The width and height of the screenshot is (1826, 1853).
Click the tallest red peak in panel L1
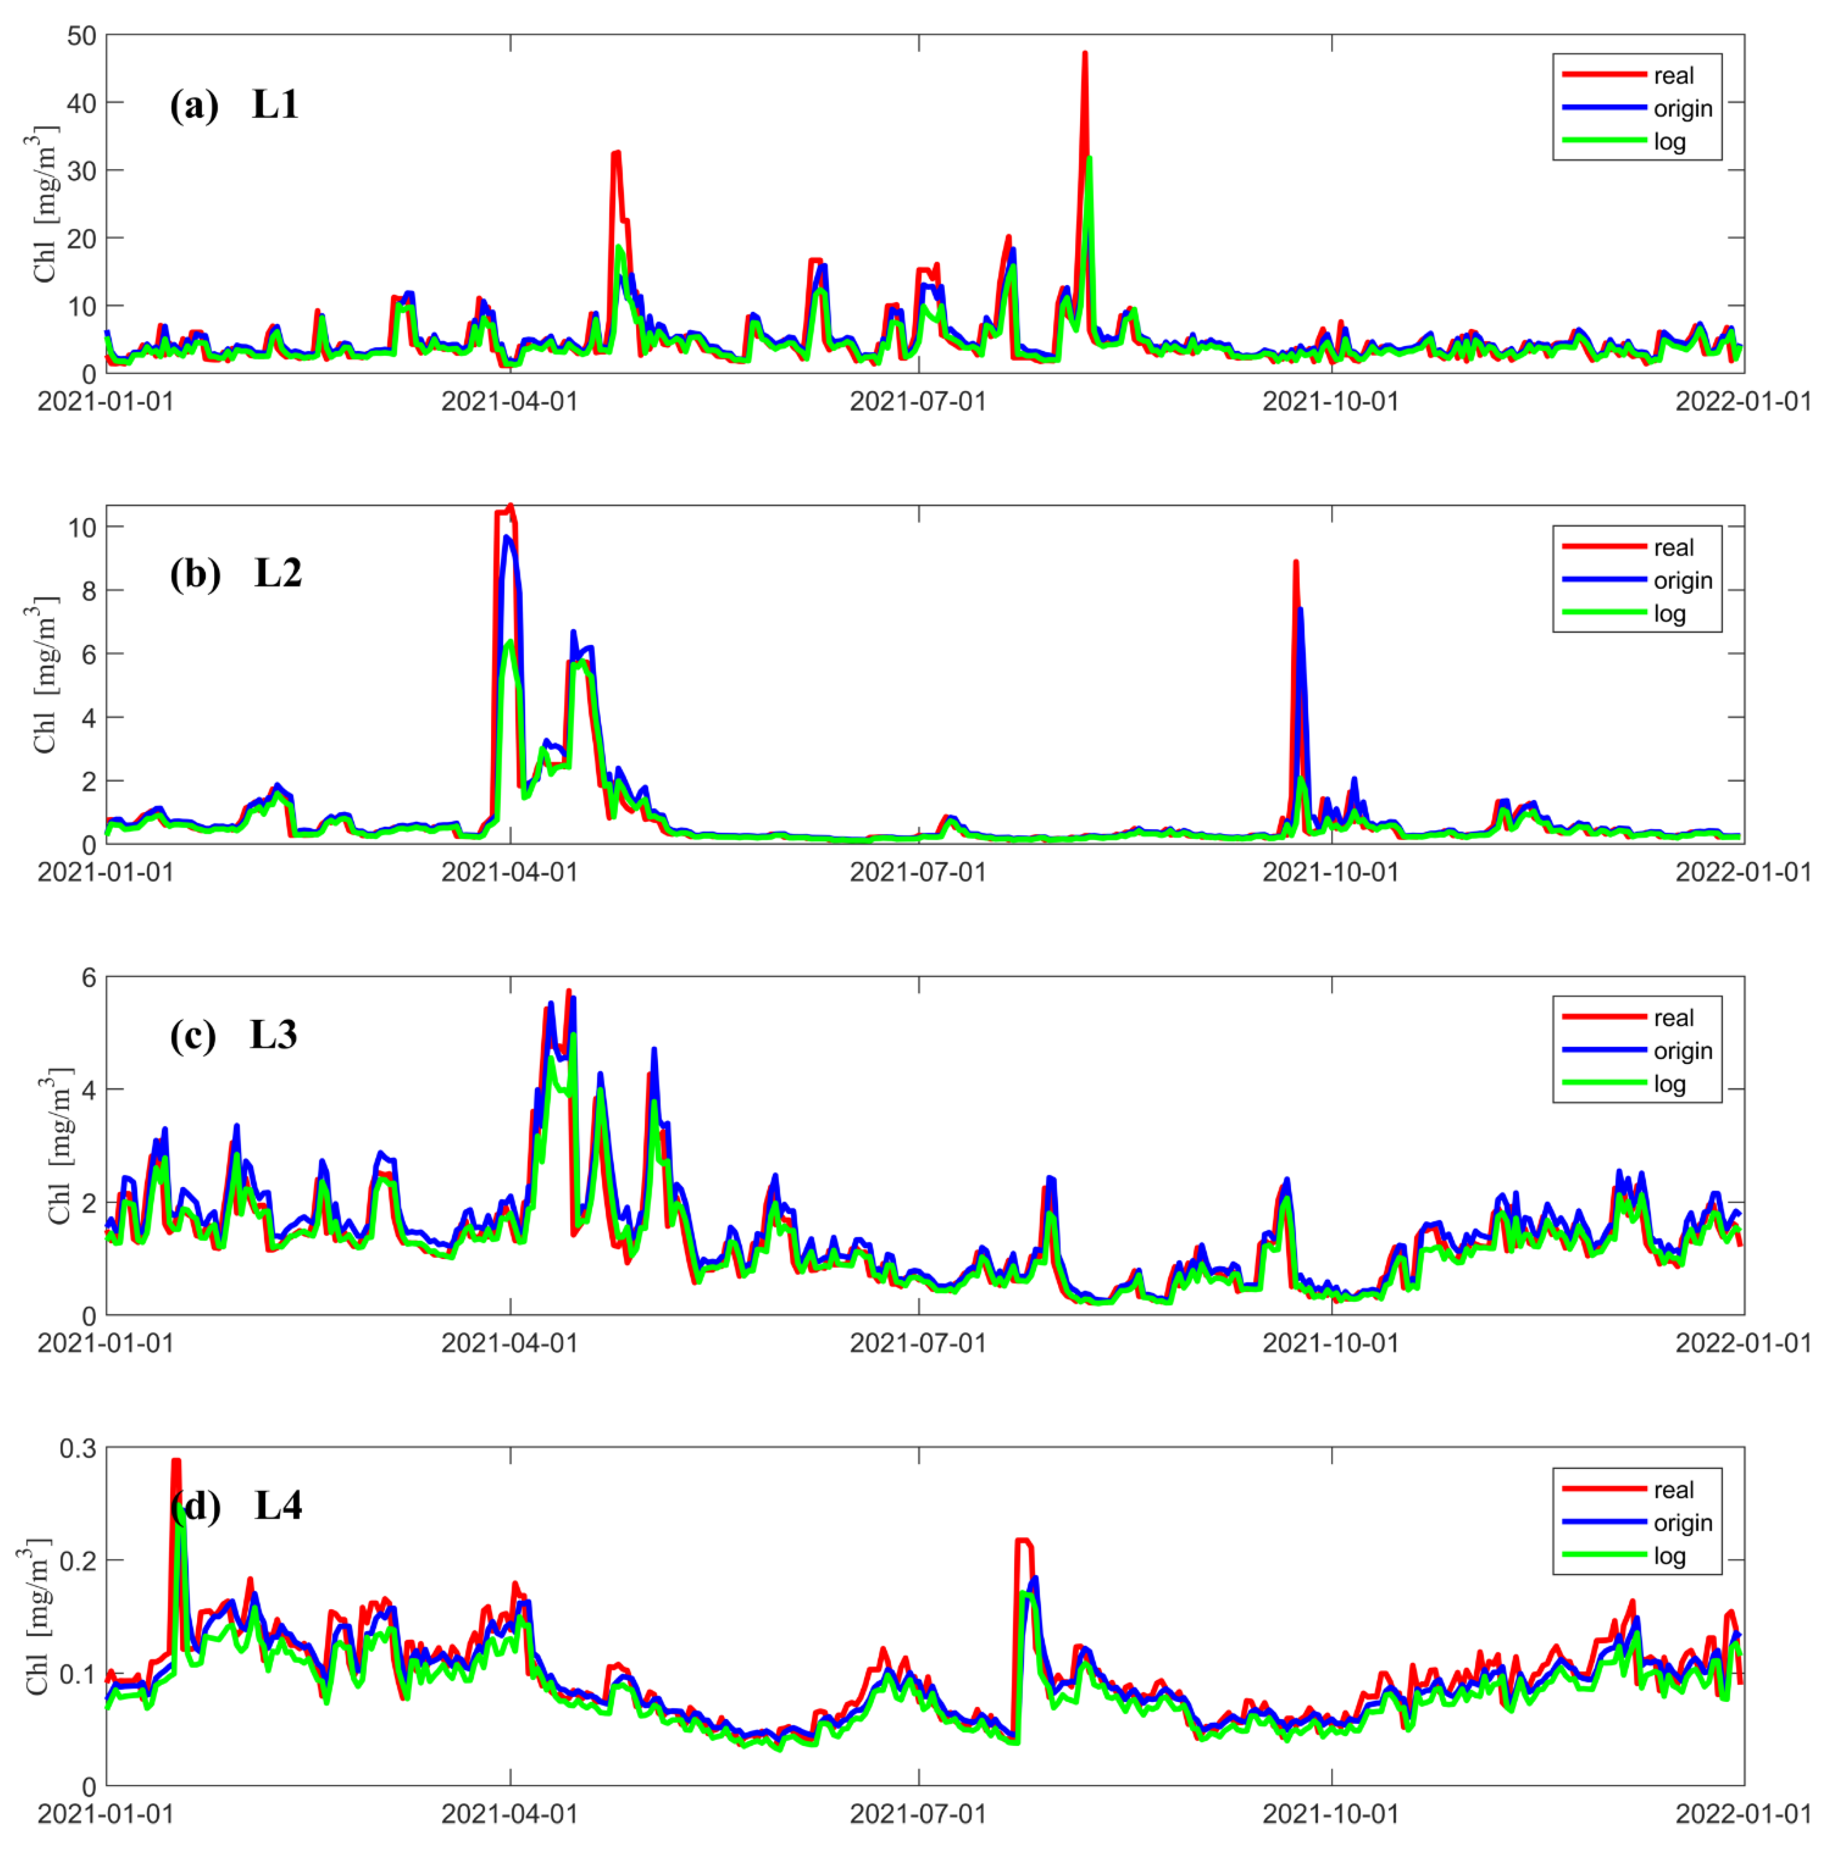tap(1085, 54)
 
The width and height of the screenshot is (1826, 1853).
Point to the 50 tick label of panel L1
tap(82, 36)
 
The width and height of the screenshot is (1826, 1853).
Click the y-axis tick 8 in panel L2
tap(89, 591)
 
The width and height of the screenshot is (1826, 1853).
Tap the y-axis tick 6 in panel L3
tap(89, 977)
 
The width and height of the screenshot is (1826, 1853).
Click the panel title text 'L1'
tap(275, 104)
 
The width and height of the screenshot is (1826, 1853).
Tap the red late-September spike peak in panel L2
tap(1296, 563)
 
